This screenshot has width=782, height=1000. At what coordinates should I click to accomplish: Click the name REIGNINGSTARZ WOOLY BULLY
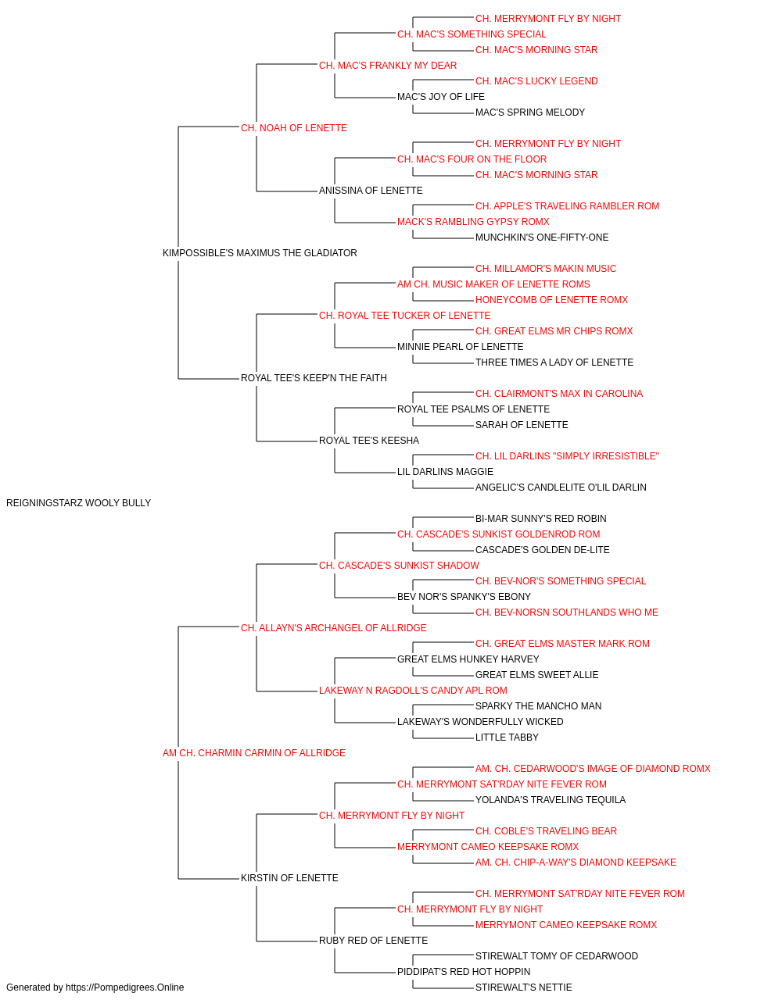pos(78,503)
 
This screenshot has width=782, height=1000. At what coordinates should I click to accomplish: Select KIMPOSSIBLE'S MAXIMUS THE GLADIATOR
pos(260,253)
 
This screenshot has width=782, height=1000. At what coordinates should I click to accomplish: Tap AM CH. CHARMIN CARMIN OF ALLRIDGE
pos(253,753)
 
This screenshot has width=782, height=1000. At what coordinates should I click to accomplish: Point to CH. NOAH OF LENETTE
pos(294,128)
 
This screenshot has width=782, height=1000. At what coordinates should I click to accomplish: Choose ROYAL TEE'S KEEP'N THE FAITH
pos(314,378)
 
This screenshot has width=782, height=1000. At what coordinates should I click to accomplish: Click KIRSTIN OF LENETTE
pos(289,878)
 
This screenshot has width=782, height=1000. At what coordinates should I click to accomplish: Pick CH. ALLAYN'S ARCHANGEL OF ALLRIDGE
pos(333,628)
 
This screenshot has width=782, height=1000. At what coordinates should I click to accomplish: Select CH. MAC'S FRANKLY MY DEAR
pos(388,66)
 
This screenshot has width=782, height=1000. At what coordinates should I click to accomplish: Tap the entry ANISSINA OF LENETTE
pos(371,191)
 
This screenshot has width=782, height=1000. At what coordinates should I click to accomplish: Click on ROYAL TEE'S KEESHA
pos(369,441)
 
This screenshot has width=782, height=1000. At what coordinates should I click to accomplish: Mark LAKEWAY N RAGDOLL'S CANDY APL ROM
pos(413,691)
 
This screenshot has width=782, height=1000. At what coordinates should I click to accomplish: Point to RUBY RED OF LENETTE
pos(373,941)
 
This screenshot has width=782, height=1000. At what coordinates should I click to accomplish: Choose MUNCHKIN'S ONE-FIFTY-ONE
pos(542,237)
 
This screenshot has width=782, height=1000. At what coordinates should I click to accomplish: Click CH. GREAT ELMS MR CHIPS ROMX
pos(554,331)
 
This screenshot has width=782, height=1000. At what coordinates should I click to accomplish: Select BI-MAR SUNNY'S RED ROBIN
pos(540,519)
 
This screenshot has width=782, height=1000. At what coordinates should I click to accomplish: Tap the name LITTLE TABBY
pos(507,737)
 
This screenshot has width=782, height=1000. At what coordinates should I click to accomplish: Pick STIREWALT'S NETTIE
pos(524,987)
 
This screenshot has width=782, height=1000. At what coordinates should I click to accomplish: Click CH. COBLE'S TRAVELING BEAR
pos(546,831)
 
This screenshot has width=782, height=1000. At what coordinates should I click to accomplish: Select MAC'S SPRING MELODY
pos(530,112)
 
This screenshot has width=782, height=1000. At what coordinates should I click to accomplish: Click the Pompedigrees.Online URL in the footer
pos(124,987)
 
